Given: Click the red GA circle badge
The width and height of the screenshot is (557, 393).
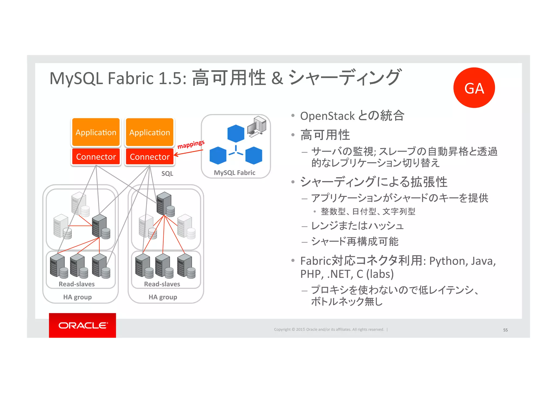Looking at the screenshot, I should click(x=474, y=88).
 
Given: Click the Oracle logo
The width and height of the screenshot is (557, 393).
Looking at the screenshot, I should click(x=82, y=325).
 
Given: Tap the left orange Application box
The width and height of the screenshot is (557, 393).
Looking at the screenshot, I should click(x=96, y=132).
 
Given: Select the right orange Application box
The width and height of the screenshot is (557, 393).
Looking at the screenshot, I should click(x=150, y=132).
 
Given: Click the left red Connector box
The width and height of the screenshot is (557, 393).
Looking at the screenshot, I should click(x=96, y=157).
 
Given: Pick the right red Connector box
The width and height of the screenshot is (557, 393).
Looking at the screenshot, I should click(x=150, y=157).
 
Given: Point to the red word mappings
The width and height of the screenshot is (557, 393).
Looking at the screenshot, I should click(x=191, y=144).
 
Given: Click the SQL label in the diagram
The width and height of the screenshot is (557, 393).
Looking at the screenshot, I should click(x=167, y=174).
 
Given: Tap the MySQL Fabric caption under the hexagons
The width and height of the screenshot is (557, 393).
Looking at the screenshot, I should click(x=234, y=173).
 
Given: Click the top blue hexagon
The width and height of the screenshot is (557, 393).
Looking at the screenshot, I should click(x=236, y=133).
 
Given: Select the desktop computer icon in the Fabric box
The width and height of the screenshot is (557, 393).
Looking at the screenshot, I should click(x=256, y=126).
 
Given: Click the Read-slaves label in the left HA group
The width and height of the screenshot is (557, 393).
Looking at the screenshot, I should click(x=77, y=284).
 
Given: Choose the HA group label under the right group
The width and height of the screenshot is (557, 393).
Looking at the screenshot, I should click(x=163, y=297).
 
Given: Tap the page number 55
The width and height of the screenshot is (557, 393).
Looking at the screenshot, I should click(x=505, y=330).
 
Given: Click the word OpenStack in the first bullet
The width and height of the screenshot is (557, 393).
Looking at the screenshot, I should click(x=327, y=116).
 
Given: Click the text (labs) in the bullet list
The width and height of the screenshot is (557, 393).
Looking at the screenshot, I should click(x=380, y=274).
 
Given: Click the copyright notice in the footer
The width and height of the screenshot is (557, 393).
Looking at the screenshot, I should click(x=329, y=329).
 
